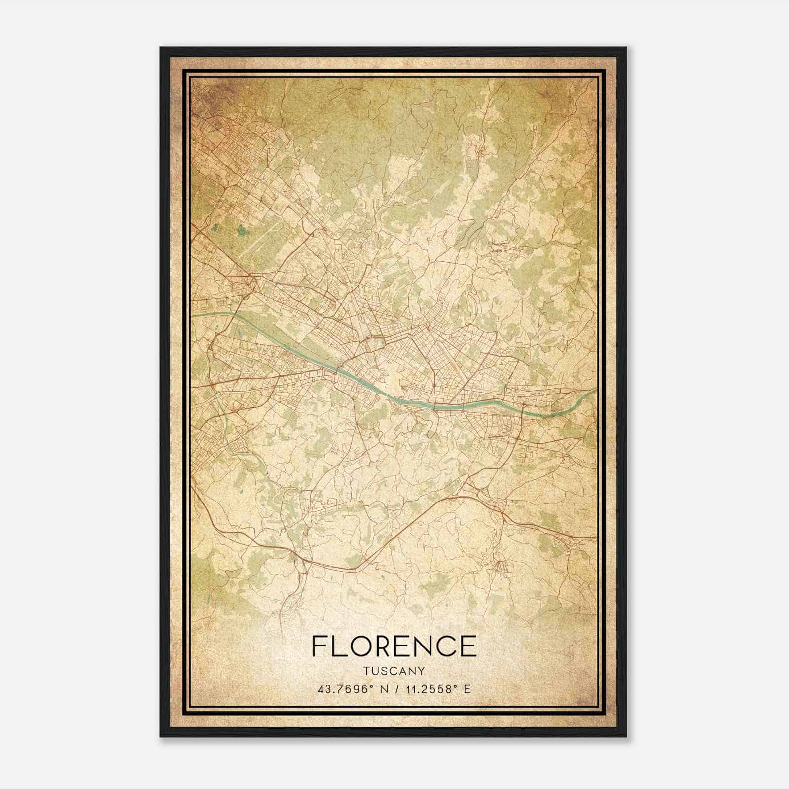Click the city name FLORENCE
[x=394, y=646]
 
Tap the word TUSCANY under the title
[x=394, y=671]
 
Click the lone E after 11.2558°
[x=467, y=689]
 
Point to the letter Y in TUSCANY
[x=422, y=671]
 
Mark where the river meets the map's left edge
[x=193, y=314]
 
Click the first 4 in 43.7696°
[x=321, y=689]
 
